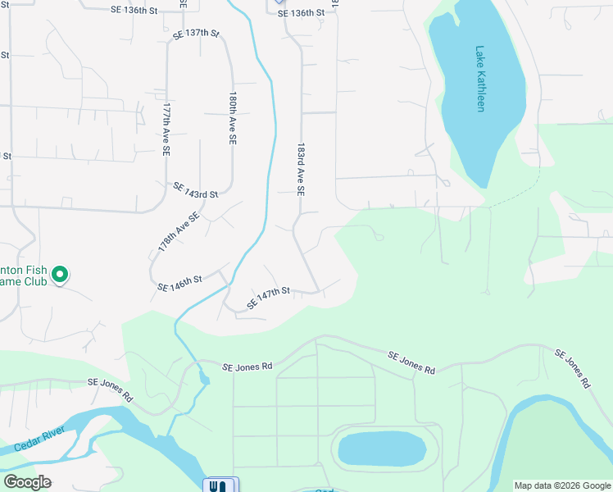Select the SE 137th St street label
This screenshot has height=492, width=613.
[197, 34]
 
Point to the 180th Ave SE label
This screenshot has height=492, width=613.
[233, 119]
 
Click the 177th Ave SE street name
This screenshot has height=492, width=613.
[166, 130]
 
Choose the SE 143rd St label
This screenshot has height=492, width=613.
[195, 189]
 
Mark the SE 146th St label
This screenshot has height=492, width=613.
[179, 284]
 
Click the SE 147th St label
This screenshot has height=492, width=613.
[269, 298]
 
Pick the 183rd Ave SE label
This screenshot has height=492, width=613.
[301, 166]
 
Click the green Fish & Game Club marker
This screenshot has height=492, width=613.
[59, 276]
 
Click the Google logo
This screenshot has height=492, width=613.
[27, 482]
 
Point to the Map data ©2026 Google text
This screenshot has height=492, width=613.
[561, 485]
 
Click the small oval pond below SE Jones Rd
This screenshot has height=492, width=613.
[382, 449]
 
